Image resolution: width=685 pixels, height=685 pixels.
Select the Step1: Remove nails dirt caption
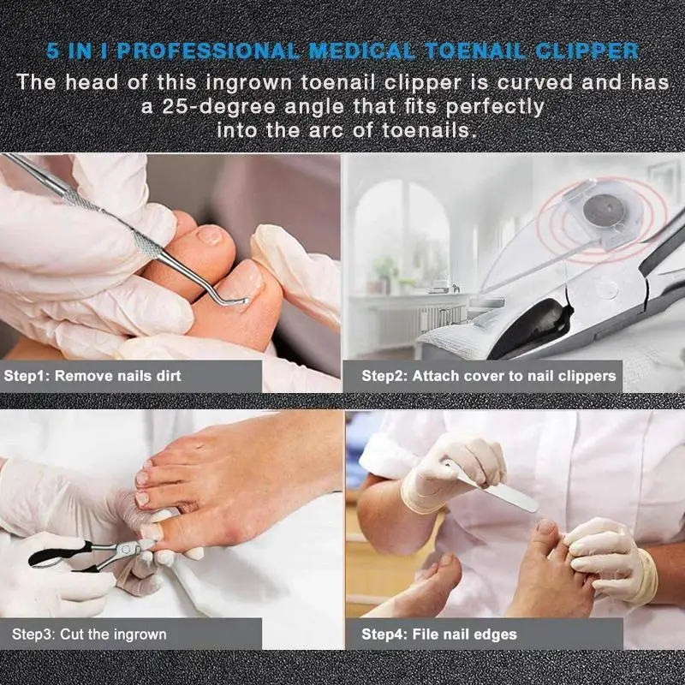(x=92, y=376)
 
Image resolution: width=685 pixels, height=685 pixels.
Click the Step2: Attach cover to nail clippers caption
(x=488, y=376)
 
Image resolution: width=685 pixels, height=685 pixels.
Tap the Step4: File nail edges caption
(x=438, y=634)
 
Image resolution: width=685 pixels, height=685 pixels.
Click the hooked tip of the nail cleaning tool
(x=241, y=301)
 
